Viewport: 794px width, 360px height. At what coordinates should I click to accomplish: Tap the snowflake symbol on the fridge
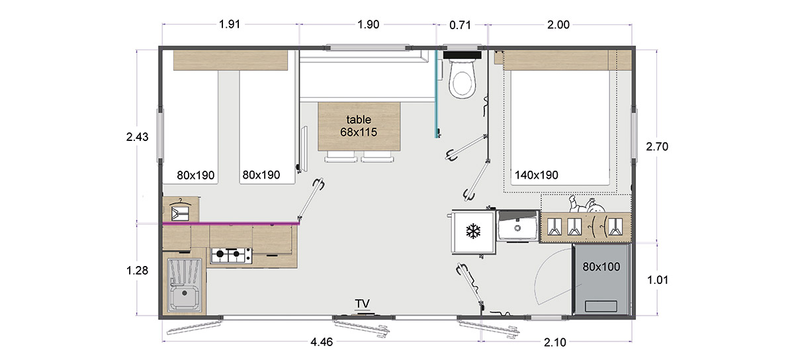coord(473,231)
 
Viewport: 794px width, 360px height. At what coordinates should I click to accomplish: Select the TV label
coord(363,304)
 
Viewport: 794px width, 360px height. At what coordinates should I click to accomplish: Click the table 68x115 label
coord(359,126)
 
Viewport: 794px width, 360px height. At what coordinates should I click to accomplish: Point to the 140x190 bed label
coord(537,175)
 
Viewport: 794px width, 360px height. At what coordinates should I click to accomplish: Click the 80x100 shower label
coord(601,267)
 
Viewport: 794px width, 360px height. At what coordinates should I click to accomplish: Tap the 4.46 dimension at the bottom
coord(322,342)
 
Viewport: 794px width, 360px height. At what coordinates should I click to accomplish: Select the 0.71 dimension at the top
coord(460,25)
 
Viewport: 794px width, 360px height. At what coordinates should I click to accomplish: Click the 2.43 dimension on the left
coord(137,137)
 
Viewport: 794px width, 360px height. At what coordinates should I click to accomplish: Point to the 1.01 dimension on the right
coord(658,280)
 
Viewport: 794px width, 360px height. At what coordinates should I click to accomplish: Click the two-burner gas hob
coord(232,255)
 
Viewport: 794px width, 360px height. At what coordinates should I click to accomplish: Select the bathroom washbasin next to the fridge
coord(517,226)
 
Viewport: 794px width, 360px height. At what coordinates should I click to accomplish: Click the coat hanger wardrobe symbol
coord(180,210)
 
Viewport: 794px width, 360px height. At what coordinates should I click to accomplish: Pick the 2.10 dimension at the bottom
coord(554,342)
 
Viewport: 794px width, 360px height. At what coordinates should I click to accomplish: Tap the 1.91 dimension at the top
coord(230,24)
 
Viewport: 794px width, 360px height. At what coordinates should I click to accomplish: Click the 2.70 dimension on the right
coord(657,146)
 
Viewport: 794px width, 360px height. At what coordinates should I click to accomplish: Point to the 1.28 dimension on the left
coord(137,271)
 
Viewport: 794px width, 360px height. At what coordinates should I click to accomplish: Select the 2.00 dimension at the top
coord(558,25)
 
